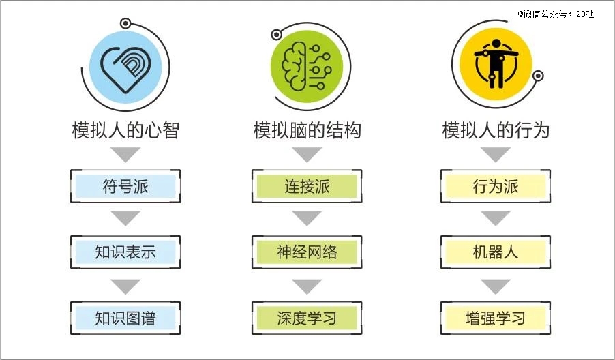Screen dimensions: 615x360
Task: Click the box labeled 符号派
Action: (125, 186)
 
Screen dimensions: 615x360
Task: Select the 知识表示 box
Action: (125, 252)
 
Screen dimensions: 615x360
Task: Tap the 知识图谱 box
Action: (125, 318)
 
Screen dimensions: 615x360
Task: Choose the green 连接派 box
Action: (307, 186)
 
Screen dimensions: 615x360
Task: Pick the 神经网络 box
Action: (307, 252)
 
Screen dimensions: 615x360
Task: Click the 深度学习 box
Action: (307, 318)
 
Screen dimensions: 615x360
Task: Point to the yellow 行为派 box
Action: (496, 186)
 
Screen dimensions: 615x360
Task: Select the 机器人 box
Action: (496, 252)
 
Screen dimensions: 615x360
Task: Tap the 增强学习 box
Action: (496, 318)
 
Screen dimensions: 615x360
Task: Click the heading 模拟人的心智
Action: (125, 130)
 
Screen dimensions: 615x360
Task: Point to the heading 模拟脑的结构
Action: (307, 130)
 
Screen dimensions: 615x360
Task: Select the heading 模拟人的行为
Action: (496, 130)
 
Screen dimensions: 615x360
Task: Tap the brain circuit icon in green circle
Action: (307, 67)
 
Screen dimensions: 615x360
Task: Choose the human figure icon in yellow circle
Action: (496, 63)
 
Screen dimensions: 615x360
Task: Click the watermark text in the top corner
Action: (556, 14)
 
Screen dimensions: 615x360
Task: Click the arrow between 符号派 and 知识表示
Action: (125, 218)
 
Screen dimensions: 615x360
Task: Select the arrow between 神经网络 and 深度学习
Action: (307, 286)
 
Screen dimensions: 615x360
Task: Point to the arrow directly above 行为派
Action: (496, 155)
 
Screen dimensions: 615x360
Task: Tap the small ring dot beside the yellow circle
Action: (538, 76)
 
